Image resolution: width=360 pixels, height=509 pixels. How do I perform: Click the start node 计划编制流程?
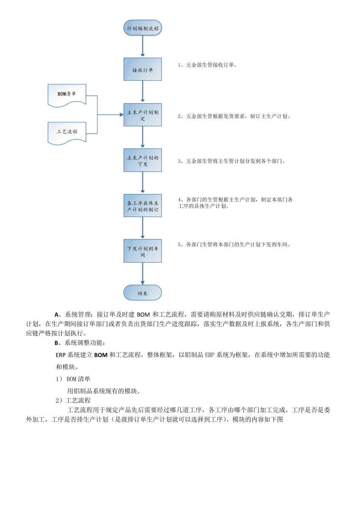pos(142,28)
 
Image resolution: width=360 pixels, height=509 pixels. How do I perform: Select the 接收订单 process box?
pos(142,69)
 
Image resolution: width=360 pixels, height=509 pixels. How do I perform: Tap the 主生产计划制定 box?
pos(142,115)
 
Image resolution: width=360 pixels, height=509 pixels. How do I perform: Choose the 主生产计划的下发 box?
pos(142,160)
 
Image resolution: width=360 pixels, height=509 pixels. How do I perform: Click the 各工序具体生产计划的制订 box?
pos(142,206)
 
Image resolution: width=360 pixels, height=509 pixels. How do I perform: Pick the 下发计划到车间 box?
pos(142,251)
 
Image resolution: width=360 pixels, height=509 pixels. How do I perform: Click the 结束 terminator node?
pos(142,293)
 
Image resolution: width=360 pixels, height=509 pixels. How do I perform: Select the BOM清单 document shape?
pos(67,95)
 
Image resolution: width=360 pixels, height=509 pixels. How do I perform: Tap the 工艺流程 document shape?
pos(67,133)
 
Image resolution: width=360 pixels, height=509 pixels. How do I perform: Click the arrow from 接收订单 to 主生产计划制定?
pos(142,92)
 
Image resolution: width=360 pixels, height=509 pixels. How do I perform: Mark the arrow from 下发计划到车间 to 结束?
pos(142,273)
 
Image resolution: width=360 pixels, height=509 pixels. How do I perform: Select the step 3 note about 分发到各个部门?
pos(232,161)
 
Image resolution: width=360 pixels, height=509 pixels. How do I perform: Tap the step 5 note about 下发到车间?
pos(234,245)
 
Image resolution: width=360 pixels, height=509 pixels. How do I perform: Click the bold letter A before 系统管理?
pos(56,315)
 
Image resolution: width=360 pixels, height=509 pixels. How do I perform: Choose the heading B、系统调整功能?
pos(80,343)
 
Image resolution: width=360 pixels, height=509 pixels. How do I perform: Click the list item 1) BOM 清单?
pos(73,379)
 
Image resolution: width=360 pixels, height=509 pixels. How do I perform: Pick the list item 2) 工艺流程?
pos(73,401)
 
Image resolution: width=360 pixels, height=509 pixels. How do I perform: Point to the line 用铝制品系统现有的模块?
pos(104,391)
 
